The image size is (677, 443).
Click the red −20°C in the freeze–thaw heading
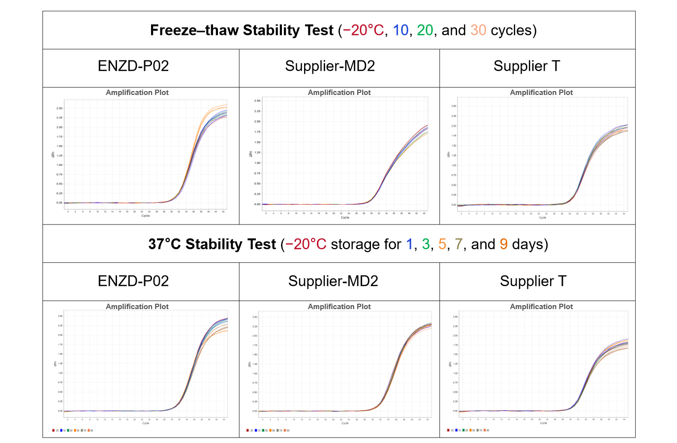[x=363, y=31]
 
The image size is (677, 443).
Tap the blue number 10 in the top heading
[x=400, y=31]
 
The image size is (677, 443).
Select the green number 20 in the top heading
[x=425, y=31]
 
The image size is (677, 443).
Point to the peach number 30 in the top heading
[x=478, y=31]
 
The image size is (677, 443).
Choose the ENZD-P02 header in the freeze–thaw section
[x=133, y=66]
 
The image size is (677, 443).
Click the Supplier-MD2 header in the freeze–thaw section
[x=330, y=66]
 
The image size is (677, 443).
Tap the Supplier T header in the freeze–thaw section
[x=526, y=66]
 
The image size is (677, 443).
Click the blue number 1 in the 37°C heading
[x=409, y=244]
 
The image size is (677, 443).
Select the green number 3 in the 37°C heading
[x=426, y=244]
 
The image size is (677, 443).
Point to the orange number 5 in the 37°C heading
[x=442, y=244]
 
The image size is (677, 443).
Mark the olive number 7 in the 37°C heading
[x=459, y=244]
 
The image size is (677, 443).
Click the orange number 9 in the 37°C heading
[x=503, y=244]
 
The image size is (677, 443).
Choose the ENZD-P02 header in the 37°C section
[x=133, y=281]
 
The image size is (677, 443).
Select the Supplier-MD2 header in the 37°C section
[x=333, y=281]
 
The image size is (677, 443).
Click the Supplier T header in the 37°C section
[x=533, y=281]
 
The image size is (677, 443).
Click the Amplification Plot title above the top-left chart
[x=137, y=93]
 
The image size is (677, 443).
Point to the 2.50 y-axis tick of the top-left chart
[x=60, y=108]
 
